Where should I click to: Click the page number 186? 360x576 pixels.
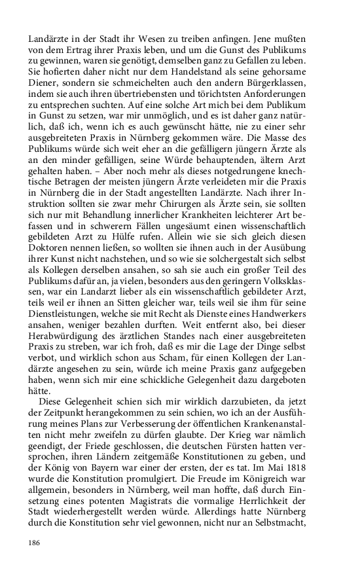tap(35, 543)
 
